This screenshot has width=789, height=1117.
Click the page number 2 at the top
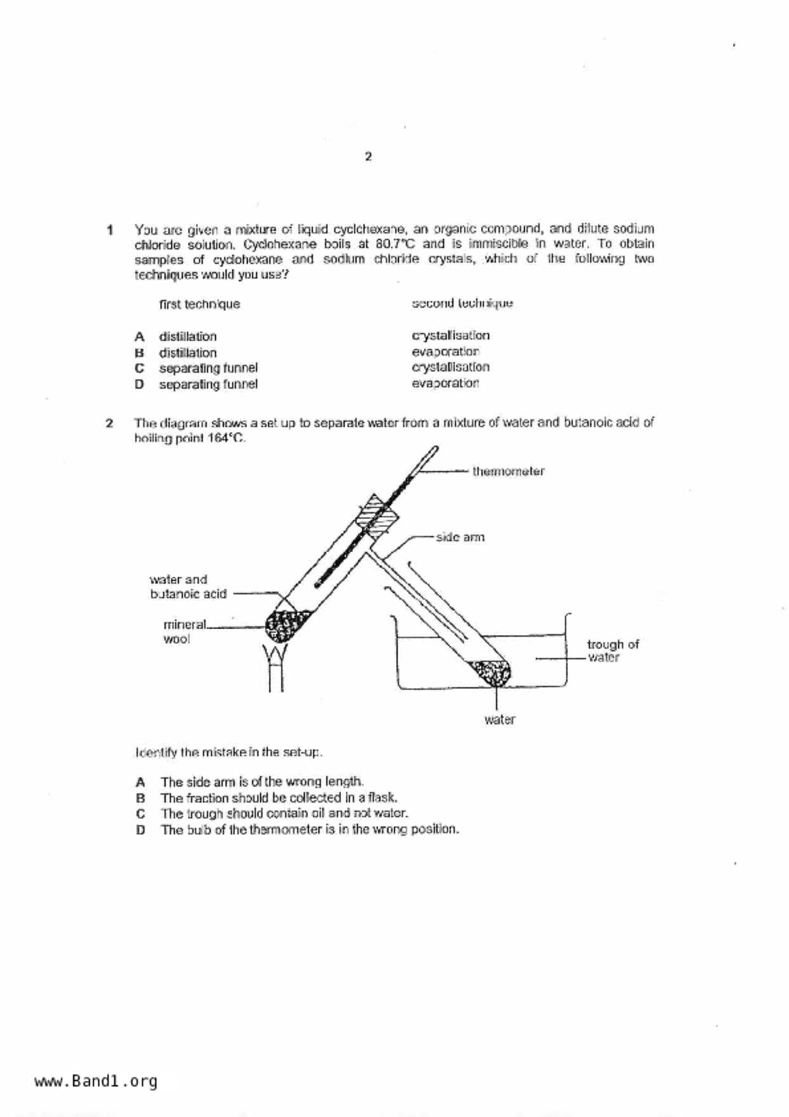[x=368, y=157]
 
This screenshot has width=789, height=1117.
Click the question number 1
[x=110, y=229]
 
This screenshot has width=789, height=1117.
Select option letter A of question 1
[x=139, y=336]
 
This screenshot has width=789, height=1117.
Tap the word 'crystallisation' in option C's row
[x=450, y=367]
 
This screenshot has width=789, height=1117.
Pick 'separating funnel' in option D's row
[x=208, y=385]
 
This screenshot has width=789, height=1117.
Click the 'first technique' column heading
[x=199, y=304]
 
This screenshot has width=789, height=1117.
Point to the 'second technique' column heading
[x=462, y=304]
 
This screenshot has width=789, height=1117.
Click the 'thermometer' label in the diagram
[x=508, y=472]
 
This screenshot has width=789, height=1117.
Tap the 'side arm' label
[x=460, y=537]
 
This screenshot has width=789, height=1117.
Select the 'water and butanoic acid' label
[x=187, y=587]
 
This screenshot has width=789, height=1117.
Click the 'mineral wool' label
[x=184, y=632]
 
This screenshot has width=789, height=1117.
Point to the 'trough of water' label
[x=612, y=651]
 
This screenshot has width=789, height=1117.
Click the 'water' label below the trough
[x=499, y=720]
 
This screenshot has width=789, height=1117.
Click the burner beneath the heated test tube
[x=276, y=669]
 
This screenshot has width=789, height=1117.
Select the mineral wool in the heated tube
[x=285, y=625]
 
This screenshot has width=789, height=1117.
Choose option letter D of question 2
[x=140, y=830]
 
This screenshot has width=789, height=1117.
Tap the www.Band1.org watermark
[x=96, y=1081]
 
